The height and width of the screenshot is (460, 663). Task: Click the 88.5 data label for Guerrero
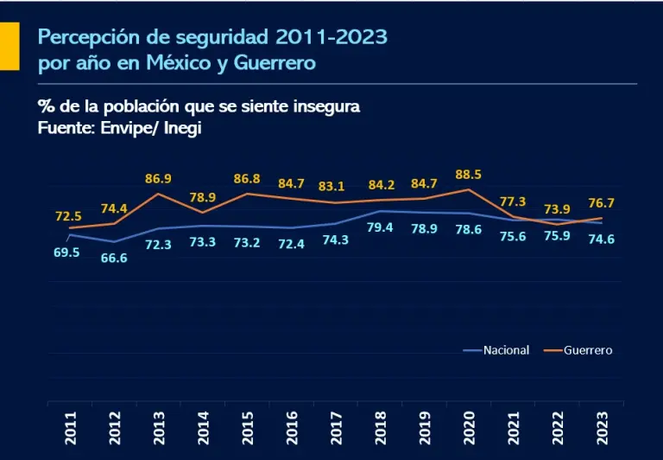468,175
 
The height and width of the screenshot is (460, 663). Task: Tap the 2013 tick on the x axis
158,428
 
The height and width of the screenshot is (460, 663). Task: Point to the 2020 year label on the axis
468,428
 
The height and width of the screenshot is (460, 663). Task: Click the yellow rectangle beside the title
9,47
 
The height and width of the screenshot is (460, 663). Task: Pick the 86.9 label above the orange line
158,179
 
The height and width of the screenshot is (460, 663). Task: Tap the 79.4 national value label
380,227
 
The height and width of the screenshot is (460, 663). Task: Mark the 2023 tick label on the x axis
601,428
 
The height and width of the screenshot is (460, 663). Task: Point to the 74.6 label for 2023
601,240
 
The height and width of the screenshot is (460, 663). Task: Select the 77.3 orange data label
513,201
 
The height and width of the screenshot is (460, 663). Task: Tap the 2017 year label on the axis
335,428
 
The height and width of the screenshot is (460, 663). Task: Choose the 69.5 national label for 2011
66,252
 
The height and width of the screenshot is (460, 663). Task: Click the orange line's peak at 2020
468,189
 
